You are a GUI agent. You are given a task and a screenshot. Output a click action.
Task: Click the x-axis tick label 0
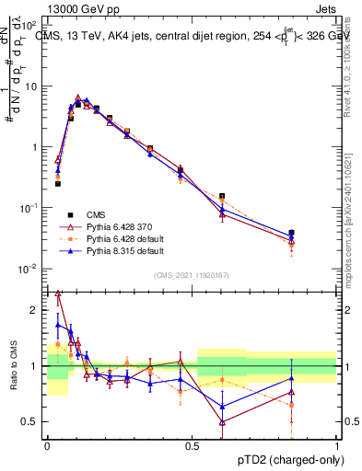click(x=47, y=444)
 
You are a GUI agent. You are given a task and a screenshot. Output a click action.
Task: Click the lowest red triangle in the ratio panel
click(x=222, y=422)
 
